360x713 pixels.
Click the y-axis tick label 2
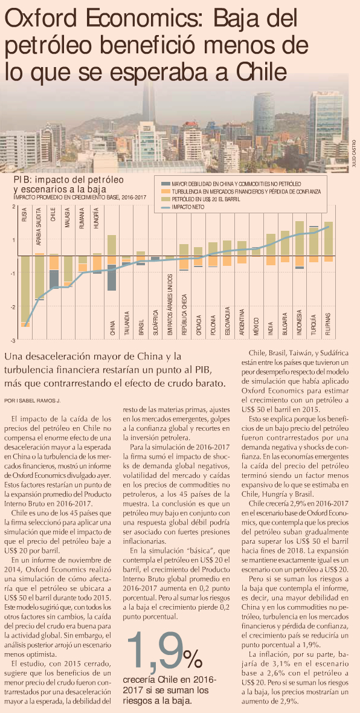[14, 207]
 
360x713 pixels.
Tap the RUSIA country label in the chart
[25, 215]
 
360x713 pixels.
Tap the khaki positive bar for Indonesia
[300, 239]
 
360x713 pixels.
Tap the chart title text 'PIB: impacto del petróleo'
[69, 179]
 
